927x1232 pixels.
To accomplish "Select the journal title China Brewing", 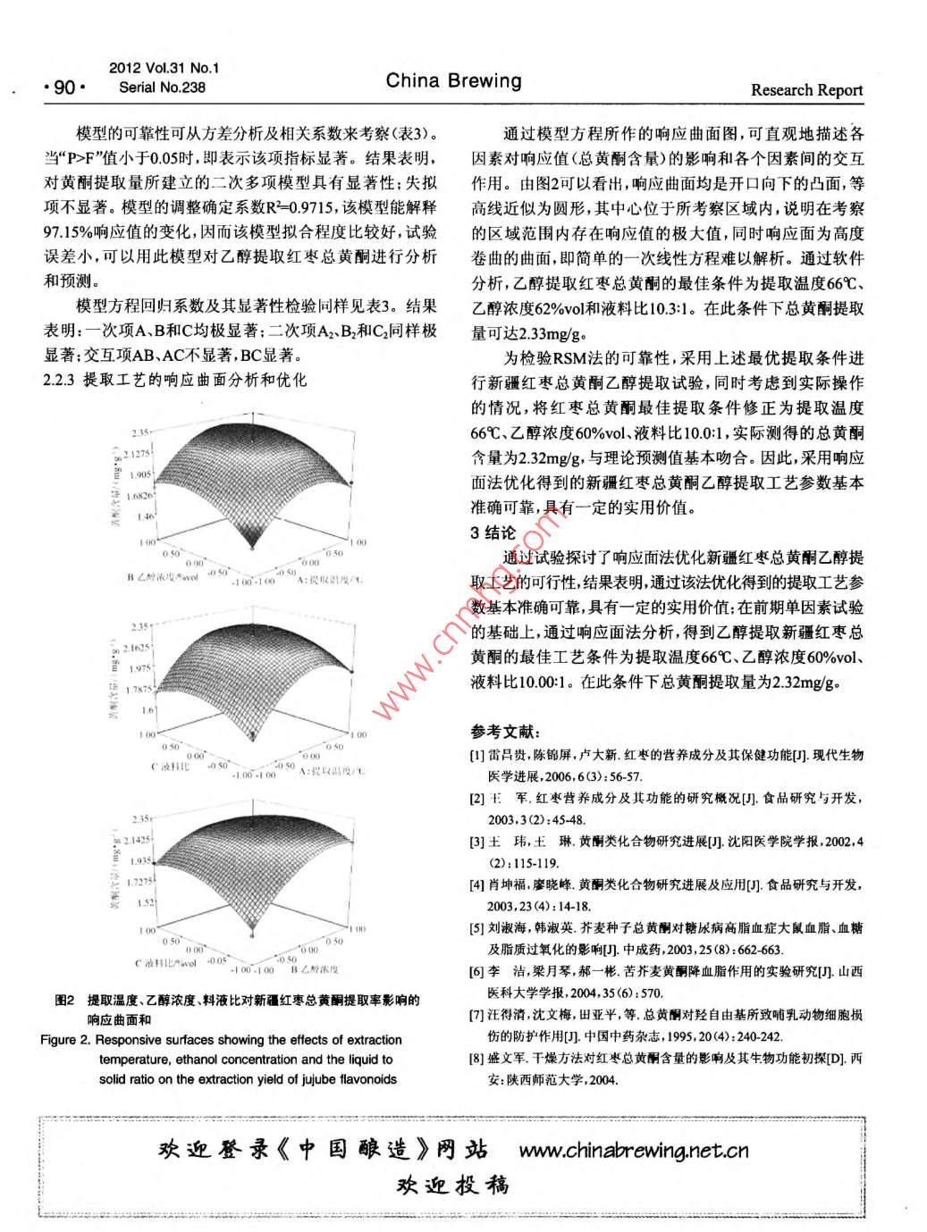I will (453, 81).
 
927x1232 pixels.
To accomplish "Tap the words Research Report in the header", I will (806, 89).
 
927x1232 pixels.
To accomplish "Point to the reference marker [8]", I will (477, 1059).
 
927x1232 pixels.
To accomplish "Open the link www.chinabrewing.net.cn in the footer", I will (633, 1150).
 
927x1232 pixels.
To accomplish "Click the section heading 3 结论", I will (493, 532).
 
